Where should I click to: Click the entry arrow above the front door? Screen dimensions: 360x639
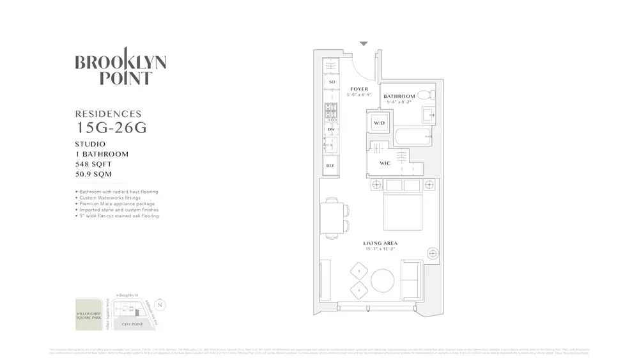[364, 44]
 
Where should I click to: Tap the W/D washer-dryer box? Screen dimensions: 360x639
[379, 123]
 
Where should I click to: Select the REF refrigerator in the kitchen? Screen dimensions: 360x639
[330, 166]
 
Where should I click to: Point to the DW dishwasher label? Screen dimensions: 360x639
[331, 130]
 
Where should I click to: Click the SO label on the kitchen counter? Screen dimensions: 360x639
[331, 82]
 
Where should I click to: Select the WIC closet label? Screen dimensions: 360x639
[385, 164]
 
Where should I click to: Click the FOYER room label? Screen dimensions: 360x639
[359, 89]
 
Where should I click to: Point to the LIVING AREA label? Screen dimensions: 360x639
[380, 243]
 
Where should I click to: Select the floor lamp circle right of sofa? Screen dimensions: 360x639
[433, 254]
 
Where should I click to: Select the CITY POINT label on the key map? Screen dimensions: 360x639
[135, 325]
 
